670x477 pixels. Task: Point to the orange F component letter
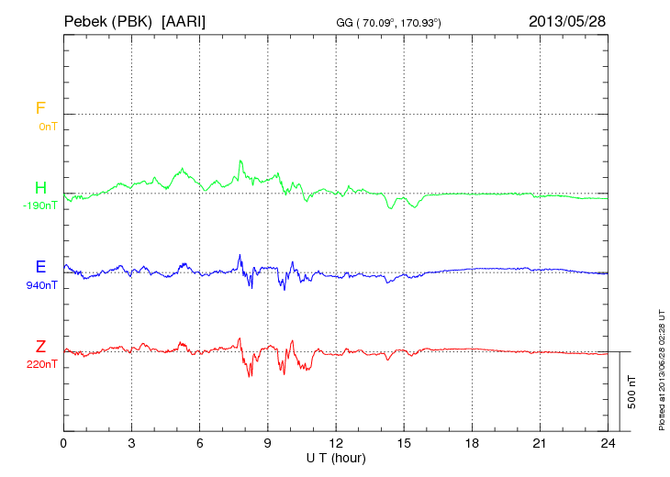tap(39, 108)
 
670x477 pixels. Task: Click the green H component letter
tap(39, 188)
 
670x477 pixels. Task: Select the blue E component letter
tap(39, 267)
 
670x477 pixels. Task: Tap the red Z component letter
tap(39, 347)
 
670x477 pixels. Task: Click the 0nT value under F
tap(47, 127)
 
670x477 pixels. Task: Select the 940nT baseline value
tap(42, 285)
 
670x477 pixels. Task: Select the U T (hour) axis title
tap(336, 457)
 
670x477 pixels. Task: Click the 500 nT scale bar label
tap(631, 392)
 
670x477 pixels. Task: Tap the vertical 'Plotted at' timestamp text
tap(661, 368)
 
